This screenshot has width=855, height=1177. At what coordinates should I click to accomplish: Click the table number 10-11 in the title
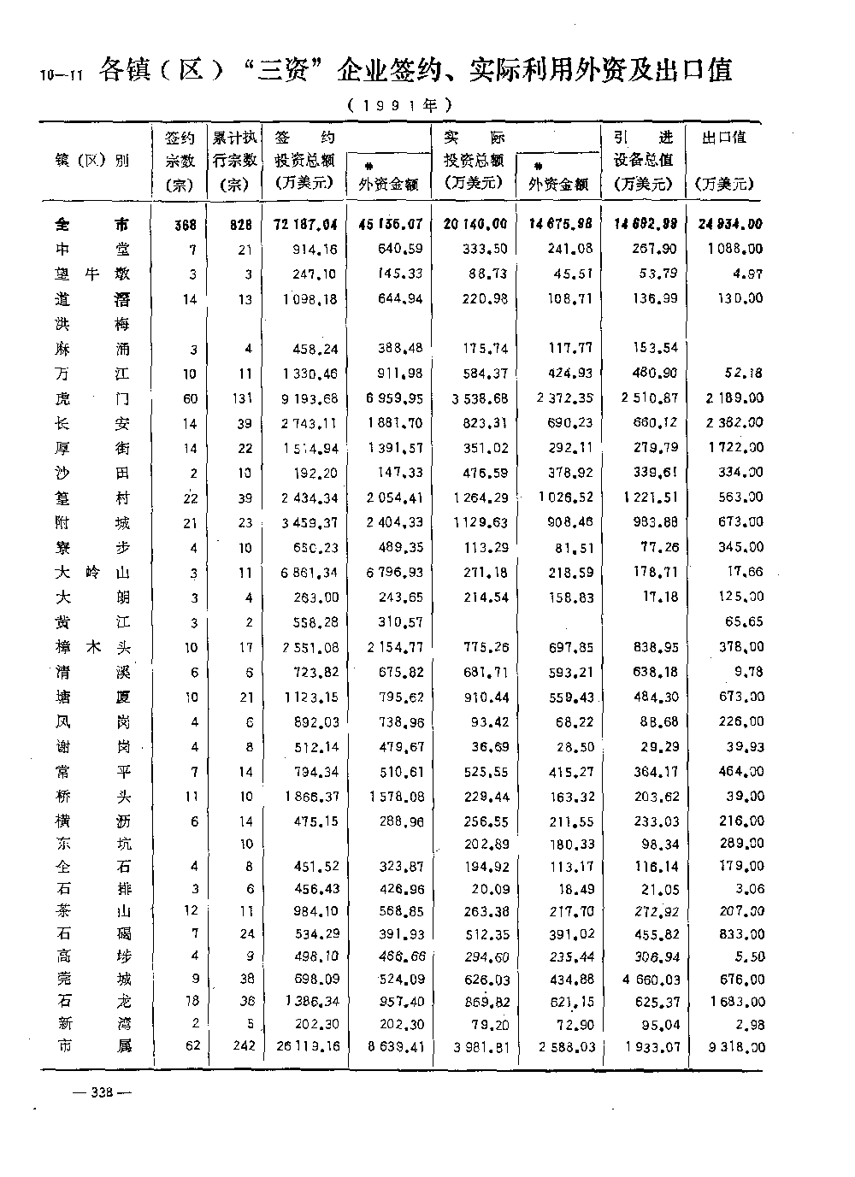click(58, 74)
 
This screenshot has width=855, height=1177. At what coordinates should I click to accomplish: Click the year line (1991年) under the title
click(399, 106)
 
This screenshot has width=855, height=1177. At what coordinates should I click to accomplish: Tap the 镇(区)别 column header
click(93, 160)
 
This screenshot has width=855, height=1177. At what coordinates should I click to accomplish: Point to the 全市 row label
click(93, 225)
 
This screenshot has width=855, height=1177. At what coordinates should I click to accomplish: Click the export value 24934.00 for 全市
click(728, 225)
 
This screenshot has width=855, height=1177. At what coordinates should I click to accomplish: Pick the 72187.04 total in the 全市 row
click(305, 225)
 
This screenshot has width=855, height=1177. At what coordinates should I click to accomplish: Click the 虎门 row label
click(93, 398)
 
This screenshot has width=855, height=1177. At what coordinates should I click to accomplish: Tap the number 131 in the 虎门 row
click(244, 398)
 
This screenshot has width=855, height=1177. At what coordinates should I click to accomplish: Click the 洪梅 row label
click(93, 324)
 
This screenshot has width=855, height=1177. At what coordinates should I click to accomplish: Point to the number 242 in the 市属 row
click(244, 1045)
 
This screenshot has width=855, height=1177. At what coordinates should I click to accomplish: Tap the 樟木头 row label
click(93, 647)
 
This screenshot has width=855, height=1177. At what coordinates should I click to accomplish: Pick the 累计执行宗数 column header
click(234, 160)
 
